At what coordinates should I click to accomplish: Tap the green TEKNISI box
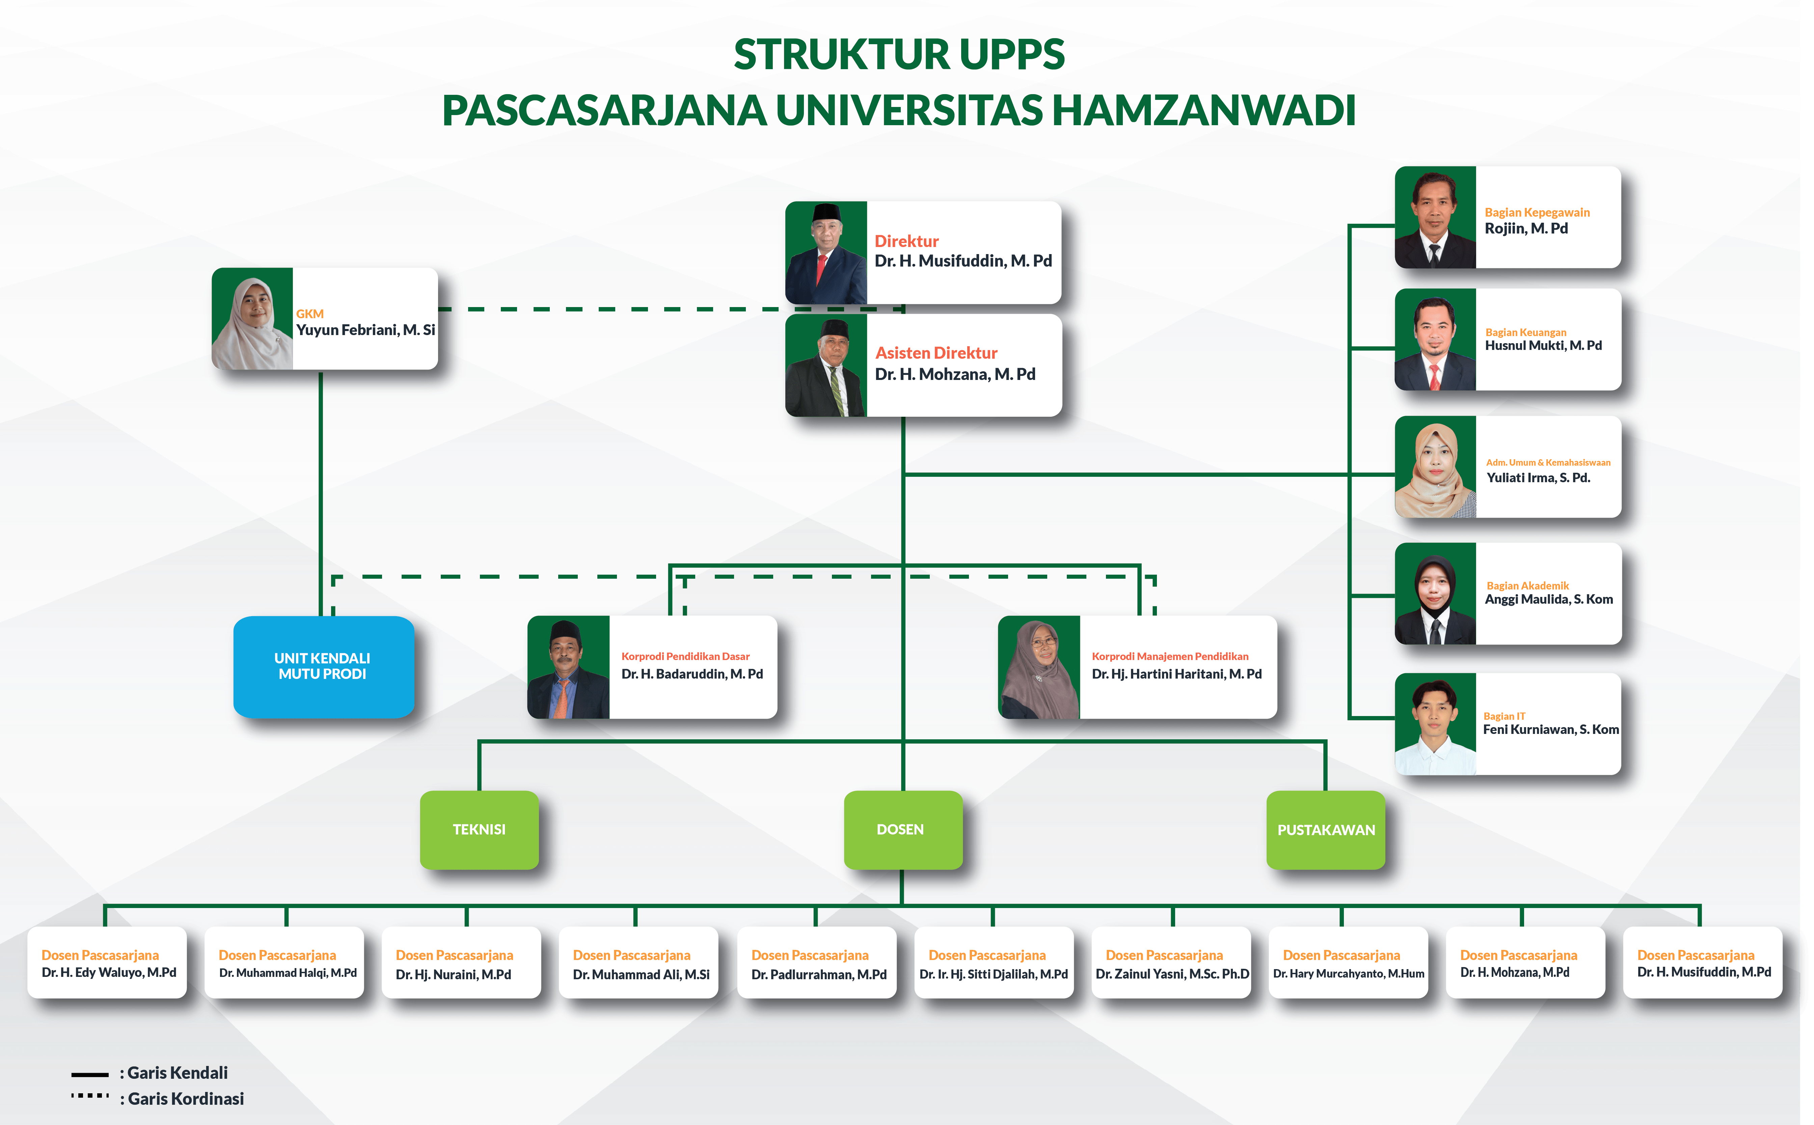(x=479, y=829)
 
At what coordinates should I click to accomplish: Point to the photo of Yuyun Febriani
(x=252, y=319)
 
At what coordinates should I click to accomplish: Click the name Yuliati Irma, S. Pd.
(x=1538, y=478)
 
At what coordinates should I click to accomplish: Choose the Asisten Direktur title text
(x=936, y=353)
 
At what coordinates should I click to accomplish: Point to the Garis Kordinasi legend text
(x=185, y=1098)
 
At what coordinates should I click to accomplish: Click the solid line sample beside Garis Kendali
(x=90, y=1074)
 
